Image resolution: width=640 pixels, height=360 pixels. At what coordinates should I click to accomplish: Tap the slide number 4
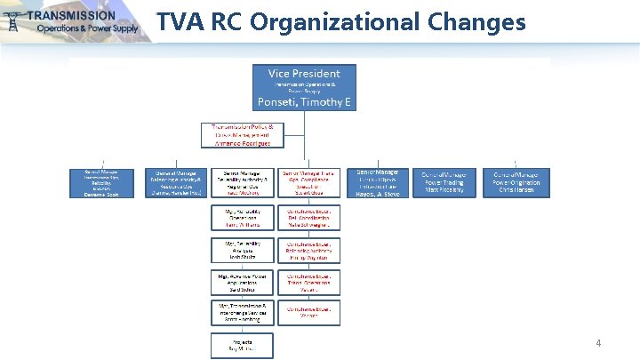tap(598, 342)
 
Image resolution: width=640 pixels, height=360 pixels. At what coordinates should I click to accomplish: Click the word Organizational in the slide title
tap(341, 21)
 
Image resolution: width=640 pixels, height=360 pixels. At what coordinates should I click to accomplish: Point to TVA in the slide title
tap(180, 21)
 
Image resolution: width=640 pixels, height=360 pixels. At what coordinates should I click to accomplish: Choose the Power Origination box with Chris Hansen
tap(516, 182)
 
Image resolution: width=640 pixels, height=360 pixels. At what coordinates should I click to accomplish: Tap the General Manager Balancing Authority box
tap(179, 182)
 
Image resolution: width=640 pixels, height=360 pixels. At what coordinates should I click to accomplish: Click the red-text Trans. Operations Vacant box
tap(308, 282)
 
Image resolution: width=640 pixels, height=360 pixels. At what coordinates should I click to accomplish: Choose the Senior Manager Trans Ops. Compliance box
tap(308, 182)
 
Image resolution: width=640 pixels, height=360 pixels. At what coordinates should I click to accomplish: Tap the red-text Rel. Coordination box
tap(308, 219)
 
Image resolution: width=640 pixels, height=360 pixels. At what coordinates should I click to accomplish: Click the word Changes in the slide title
tap(475, 21)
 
